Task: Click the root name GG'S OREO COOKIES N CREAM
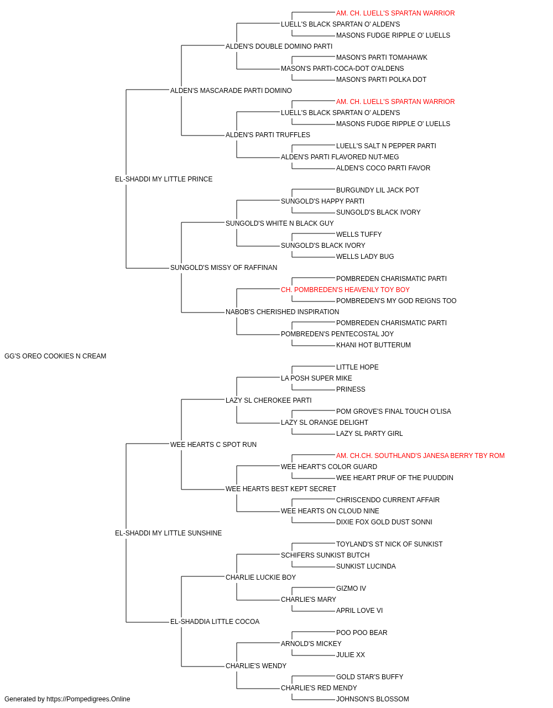click(55, 356)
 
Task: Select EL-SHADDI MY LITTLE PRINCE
click(164, 179)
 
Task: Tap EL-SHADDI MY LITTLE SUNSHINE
click(168, 533)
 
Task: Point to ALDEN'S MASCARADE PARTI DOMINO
click(231, 91)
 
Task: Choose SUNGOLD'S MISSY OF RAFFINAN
click(223, 268)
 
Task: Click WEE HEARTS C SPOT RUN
click(213, 445)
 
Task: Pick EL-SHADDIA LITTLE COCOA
click(215, 622)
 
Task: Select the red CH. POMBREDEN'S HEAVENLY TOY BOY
click(345, 290)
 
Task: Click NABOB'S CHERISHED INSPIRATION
click(282, 312)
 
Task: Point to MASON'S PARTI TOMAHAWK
click(382, 58)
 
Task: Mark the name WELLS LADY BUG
click(365, 257)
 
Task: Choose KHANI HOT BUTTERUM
click(373, 345)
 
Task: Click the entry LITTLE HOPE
click(357, 367)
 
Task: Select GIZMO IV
click(351, 589)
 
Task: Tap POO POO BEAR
click(362, 633)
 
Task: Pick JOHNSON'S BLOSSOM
click(372, 699)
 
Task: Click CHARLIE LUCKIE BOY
click(260, 577)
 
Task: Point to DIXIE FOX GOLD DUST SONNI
click(384, 522)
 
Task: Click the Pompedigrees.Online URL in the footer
click(88, 699)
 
